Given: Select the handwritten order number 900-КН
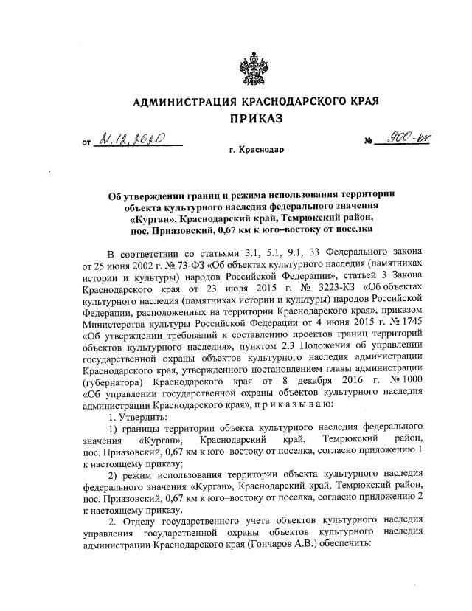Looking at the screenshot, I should coord(397,139).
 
